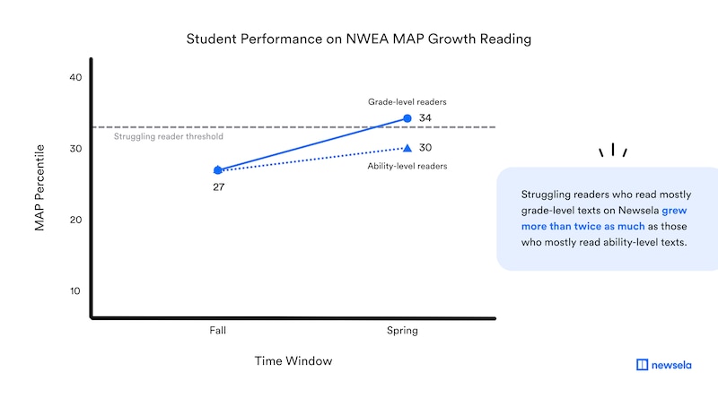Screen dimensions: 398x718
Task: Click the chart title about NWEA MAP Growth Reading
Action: coord(358,39)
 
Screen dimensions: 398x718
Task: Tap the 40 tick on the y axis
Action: coord(75,78)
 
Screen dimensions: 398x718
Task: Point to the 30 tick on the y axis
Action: coord(75,149)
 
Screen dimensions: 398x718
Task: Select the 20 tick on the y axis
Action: coord(75,220)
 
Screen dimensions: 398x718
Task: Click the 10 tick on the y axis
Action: coord(75,290)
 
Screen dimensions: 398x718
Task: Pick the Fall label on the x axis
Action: coord(218,331)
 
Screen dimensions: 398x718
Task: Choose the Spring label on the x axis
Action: coord(402,331)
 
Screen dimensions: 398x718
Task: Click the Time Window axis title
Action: coord(293,361)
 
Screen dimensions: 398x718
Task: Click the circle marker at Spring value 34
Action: coord(407,118)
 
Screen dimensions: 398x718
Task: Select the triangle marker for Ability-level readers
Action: coord(407,148)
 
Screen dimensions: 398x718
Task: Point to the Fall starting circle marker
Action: coord(218,169)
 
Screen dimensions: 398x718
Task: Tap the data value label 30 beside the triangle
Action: coord(427,148)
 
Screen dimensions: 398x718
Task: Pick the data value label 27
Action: coord(218,187)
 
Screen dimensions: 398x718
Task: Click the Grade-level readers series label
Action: coord(407,102)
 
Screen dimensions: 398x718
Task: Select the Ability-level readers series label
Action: coord(407,166)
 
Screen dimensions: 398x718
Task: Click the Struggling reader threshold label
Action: coord(169,136)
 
